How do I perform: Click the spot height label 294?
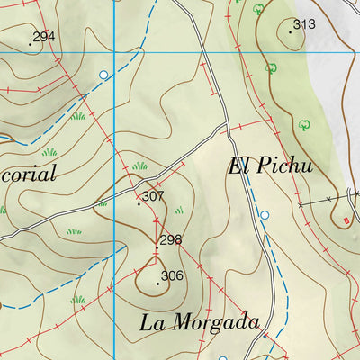[43, 37]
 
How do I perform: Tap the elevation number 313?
[304, 24]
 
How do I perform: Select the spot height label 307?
[153, 196]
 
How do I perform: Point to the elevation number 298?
[170, 239]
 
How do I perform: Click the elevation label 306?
[172, 276]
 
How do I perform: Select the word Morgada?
[215, 321]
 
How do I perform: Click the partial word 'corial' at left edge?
[29, 174]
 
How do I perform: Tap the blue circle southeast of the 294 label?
[103, 75]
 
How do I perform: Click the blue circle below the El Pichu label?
[265, 215]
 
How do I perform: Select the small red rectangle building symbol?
[346, 219]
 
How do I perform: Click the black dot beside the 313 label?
[291, 31]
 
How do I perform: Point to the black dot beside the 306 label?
[157, 283]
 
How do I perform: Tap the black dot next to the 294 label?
[30, 43]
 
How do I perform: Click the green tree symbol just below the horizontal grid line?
[269, 67]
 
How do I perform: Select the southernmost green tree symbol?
[303, 125]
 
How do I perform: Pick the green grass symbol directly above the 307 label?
[139, 166]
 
